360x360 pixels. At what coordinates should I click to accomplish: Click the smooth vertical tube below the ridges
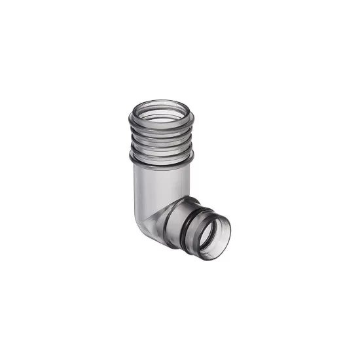[x=157, y=180]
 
